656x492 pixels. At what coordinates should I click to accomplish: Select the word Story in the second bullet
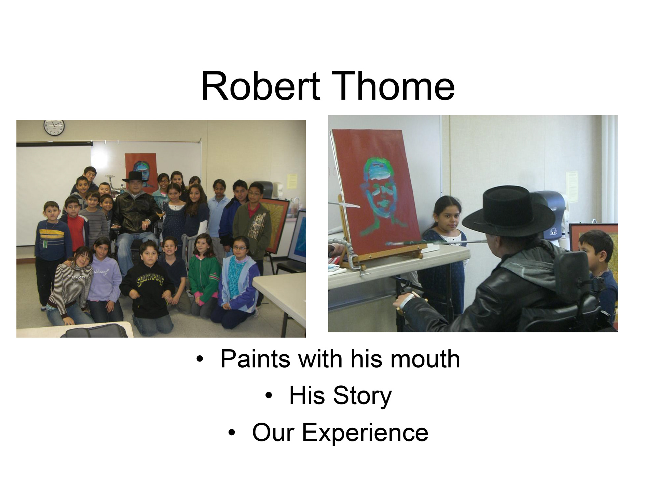pos(362,396)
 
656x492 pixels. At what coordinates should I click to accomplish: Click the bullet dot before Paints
pos(200,359)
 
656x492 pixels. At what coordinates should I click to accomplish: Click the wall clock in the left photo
pos(54,128)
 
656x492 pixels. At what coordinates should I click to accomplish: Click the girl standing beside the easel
pos(444,256)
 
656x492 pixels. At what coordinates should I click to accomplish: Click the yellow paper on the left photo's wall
pos(292,181)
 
